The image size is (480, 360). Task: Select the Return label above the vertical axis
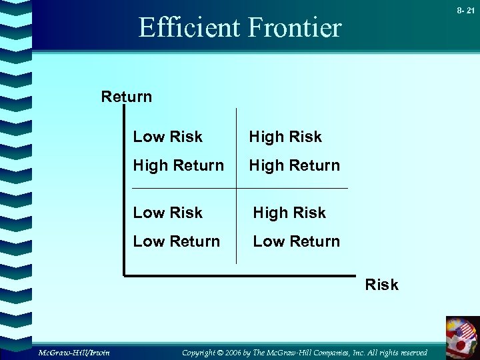[126, 97]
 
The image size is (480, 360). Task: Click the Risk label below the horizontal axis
[381, 285]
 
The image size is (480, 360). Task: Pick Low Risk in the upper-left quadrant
[167, 137]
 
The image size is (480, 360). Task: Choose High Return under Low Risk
[178, 165]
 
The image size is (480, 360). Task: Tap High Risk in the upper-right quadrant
[285, 137]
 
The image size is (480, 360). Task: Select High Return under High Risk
[294, 165]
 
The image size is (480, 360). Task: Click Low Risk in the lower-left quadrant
[167, 213]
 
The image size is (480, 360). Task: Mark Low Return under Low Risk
[176, 241]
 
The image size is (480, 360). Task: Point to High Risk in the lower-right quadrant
[289, 213]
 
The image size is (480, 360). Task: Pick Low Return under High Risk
[296, 241]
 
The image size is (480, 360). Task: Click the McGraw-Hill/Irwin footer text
[73, 352]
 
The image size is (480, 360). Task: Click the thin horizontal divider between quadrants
[240, 189]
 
